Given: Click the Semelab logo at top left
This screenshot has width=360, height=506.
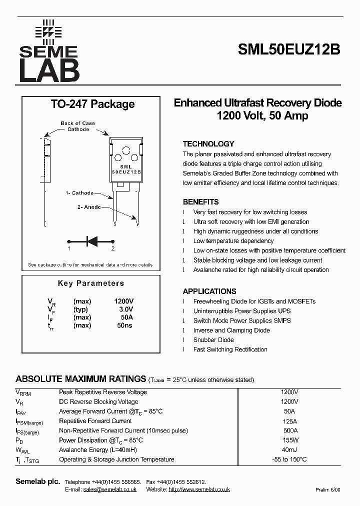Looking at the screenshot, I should pos(48,51).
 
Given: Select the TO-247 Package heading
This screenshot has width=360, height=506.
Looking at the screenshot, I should pos(92,104).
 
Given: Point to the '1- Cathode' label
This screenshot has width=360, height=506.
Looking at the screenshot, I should pos(79,193).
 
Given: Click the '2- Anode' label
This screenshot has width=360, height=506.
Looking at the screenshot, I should pos(89,207).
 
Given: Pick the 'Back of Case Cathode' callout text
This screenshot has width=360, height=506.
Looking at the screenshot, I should pos(77,126).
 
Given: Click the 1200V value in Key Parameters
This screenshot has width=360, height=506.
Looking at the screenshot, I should pos(124,301).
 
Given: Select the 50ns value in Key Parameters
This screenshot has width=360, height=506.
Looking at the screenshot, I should pos(125,325).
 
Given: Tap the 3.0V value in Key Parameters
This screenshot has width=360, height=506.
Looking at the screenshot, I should pos(126,309).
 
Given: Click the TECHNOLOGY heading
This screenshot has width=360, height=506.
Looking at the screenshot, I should pos(208,144).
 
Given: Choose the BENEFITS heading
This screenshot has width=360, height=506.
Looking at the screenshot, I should pos(200,202).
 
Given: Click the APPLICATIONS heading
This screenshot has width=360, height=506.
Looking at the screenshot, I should pos(209,291).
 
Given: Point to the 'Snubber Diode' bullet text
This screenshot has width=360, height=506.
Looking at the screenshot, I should pos(213,340).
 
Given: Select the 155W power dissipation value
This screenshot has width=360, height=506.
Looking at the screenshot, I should pos(290,440).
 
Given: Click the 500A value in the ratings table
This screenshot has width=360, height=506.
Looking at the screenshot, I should pos(290,430).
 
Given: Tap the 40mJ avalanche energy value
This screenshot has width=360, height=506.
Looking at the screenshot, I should pos(290,450).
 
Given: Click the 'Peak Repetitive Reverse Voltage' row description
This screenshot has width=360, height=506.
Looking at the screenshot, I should pos(103,392).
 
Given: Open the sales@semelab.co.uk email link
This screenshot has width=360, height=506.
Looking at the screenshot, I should pos(109,489).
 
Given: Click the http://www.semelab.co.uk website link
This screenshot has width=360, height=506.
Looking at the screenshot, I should pos(199,489).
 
